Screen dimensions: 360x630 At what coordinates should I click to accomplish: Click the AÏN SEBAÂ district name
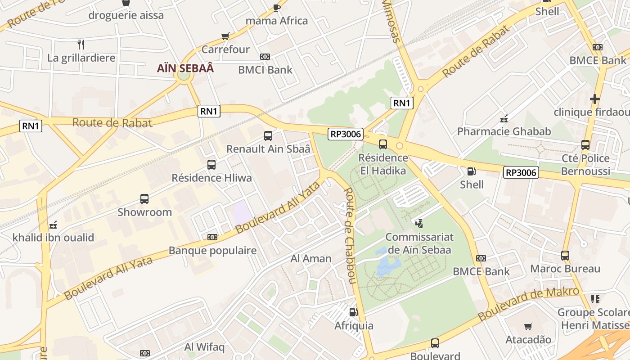point(185,68)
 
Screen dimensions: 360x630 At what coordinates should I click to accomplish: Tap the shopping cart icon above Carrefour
point(225,36)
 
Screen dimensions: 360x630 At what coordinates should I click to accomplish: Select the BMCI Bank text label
point(265,70)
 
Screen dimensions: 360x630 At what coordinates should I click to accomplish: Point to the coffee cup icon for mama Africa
point(277,8)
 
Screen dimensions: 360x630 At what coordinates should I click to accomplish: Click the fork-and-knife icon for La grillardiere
point(81,44)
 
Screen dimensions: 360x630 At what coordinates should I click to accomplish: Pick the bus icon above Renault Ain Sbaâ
point(268,135)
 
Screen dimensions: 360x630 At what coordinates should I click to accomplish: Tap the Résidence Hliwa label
point(211,178)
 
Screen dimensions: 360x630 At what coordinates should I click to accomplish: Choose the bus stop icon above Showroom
point(144,198)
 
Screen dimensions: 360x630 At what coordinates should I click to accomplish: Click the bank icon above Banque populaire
point(212,237)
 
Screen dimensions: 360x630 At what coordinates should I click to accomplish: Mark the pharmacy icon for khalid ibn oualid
point(53,224)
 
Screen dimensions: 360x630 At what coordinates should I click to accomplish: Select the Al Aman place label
point(311,258)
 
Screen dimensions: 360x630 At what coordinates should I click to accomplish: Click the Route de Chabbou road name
point(350,236)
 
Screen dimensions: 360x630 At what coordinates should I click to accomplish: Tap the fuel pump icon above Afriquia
point(354,312)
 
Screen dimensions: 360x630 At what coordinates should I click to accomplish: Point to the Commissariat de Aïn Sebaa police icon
point(419,223)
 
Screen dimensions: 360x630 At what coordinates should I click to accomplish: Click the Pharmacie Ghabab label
point(504,131)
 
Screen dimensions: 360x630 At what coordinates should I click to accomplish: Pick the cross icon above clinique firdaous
point(595,99)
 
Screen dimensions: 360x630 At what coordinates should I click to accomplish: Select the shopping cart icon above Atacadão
point(528,326)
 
